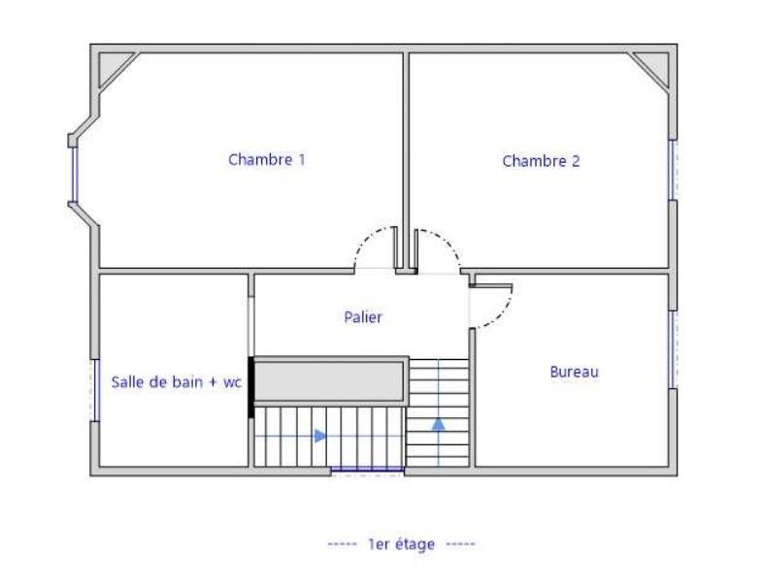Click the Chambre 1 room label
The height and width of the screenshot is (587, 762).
[x=267, y=159]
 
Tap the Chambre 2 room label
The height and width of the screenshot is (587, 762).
[x=541, y=161]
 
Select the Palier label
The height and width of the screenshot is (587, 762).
[x=363, y=317]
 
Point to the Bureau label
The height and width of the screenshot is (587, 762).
[x=574, y=372]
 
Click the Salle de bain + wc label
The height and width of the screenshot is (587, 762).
[x=177, y=382]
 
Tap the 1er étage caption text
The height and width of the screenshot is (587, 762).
[x=402, y=543]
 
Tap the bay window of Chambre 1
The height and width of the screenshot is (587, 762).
[x=75, y=174]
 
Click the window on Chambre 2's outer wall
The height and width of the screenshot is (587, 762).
[x=673, y=170]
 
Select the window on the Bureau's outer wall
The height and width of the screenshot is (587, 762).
[x=673, y=349]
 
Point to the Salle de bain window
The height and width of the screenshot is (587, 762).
[x=96, y=390]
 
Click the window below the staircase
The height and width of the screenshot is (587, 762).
[x=367, y=470]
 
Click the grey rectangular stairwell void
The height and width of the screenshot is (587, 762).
[x=331, y=381]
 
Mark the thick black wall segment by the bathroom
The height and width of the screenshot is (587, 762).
[x=250, y=387]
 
